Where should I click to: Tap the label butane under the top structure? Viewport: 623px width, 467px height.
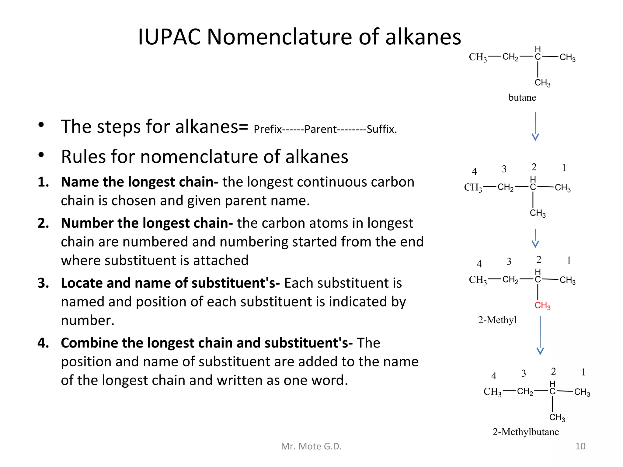(x=522, y=98)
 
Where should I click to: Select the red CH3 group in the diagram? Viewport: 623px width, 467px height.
(x=542, y=306)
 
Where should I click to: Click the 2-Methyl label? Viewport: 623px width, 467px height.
(x=497, y=320)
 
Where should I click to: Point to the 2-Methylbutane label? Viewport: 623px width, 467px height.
(x=526, y=432)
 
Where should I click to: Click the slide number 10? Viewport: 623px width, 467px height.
(x=580, y=446)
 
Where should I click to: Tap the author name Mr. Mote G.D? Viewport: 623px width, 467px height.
(x=311, y=446)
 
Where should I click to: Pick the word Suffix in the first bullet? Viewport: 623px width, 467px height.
(x=381, y=130)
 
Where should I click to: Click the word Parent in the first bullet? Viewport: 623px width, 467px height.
(x=320, y=130)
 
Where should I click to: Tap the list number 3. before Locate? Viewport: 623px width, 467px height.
(x=43, y=283)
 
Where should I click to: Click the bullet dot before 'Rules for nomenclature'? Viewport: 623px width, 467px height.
(x=41, y=155)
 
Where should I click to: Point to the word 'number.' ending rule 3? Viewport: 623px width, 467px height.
(x=88, y=320)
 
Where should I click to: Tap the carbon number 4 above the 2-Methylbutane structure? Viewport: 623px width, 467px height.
(x=494, y=376)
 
